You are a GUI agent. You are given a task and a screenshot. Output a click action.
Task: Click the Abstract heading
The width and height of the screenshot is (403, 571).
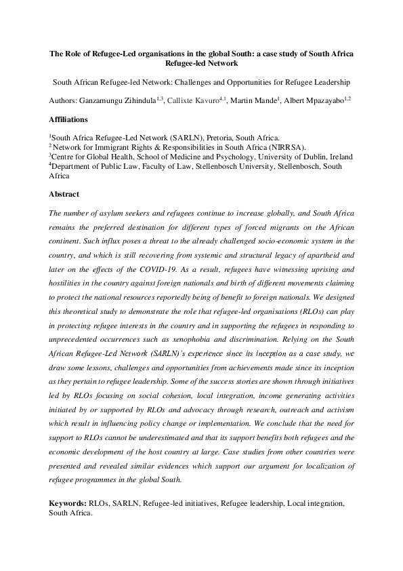[x=66, y=193]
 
